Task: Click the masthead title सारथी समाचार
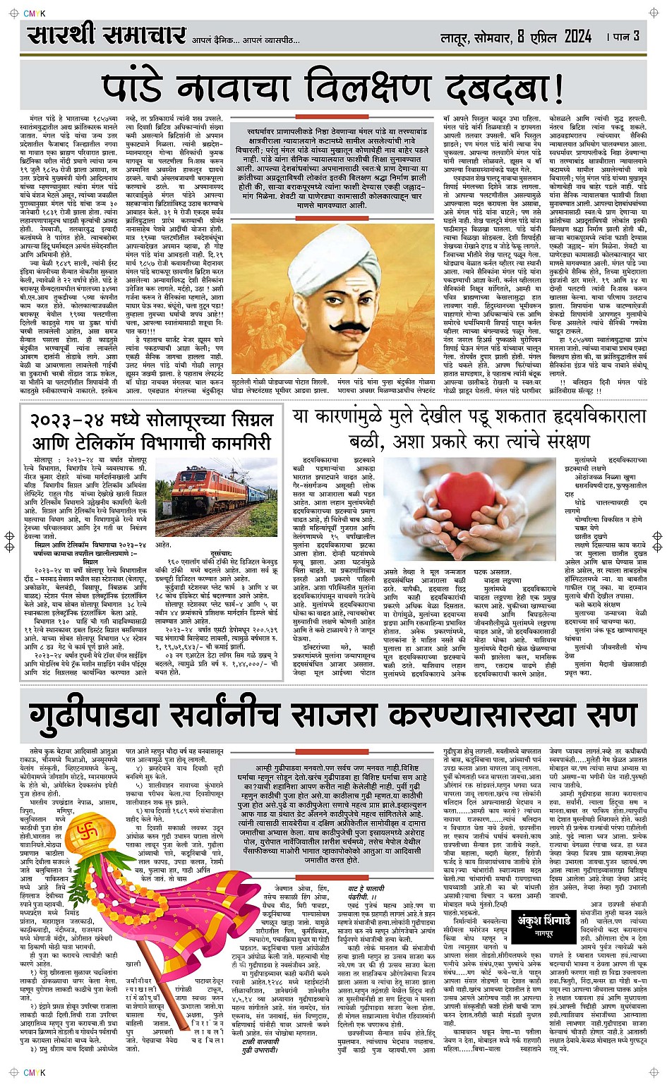coord(107,35)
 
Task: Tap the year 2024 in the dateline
coord(570,36)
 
